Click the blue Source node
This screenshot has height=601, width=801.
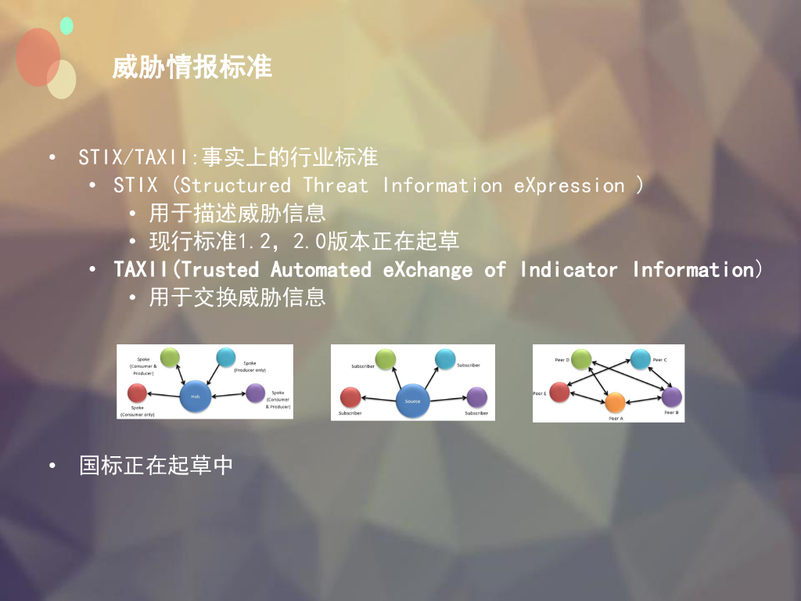(x=412, y=401)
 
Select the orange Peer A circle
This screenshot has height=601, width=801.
(x=615, y=402)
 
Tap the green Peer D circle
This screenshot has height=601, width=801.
(x=581, y=359)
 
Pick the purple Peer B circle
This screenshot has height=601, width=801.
(x=671, y=397)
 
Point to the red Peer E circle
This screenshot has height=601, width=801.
(x=559, y=392)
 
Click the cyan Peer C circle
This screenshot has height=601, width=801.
(x=640, y=358)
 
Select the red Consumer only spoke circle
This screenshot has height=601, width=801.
(x=138, y=393)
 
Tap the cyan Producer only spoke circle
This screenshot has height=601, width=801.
(x=225, y=358)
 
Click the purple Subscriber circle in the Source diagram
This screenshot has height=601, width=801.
(x=477, y=397)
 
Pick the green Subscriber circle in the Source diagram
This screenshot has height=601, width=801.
(x=386, y=359)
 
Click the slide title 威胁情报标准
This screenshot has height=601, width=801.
(x=192, y=67)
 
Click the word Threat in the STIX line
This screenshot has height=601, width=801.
(x=335, y=185)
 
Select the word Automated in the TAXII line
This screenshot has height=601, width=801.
(x=321, y=270)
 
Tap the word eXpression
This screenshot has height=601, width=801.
(x=569, y=185)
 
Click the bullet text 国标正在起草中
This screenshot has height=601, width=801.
(x=156, y=466)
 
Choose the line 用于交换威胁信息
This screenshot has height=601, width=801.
(x=237, y=298)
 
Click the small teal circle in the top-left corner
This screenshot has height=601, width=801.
(x=66, y=26)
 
